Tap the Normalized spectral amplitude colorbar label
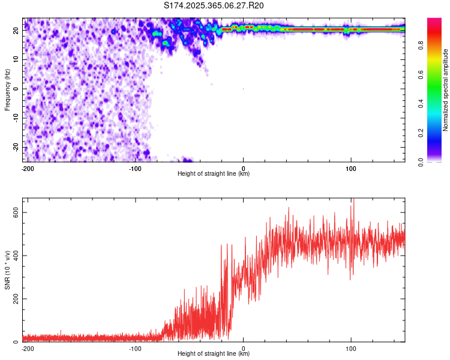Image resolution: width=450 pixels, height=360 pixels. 446,90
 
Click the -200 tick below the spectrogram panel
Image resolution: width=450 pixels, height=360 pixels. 27,168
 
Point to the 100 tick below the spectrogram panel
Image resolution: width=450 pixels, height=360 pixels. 351,168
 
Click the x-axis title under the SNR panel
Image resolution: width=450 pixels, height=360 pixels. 214,354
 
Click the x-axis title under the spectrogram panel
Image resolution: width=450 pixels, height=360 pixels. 214,174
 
